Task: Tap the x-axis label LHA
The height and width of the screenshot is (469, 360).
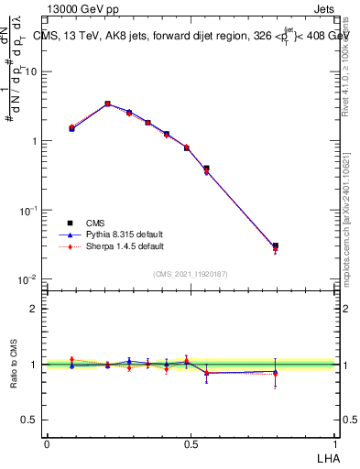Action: click(x=325, y=457)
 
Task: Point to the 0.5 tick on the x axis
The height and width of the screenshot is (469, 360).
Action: click(x=191, y=443)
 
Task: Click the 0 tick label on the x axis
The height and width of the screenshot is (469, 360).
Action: click(x=47, y=443)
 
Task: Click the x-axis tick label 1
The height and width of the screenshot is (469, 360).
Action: click(x=334, y=443)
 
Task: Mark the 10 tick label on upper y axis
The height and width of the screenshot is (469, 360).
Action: click(x=32, y=71)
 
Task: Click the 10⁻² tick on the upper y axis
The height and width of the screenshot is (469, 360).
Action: click(x=30, y=279)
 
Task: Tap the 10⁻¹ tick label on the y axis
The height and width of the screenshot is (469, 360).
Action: click(x=30, y=210)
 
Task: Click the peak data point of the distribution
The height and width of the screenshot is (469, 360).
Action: click(x=107, y=104)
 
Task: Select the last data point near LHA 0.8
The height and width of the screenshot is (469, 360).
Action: click(x=276, y=246)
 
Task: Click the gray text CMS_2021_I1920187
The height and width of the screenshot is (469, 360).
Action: click(x=191, y=273)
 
